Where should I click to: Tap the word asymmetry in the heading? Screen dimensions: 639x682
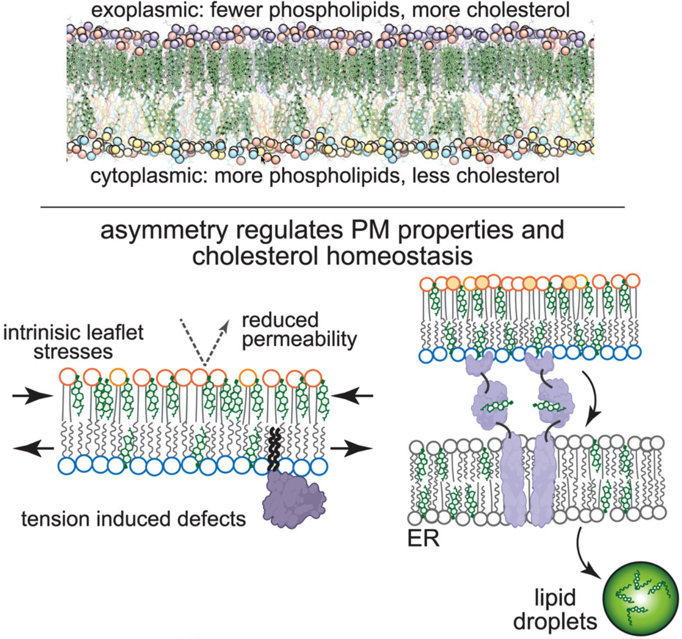(164, 231)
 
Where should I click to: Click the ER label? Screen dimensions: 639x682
(423, 539)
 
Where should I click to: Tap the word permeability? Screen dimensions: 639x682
(299, 339)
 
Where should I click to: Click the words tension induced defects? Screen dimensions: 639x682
(133, 519)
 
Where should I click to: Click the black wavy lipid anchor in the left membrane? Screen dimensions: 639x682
(274, 448)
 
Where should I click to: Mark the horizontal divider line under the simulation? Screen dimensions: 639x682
(332, 207)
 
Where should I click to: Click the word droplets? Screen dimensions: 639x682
(555, 621)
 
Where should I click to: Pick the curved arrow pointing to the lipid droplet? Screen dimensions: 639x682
(587, 556)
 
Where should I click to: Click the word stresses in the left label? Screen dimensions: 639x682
(73, 351)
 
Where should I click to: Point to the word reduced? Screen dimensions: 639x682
(280, 320)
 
